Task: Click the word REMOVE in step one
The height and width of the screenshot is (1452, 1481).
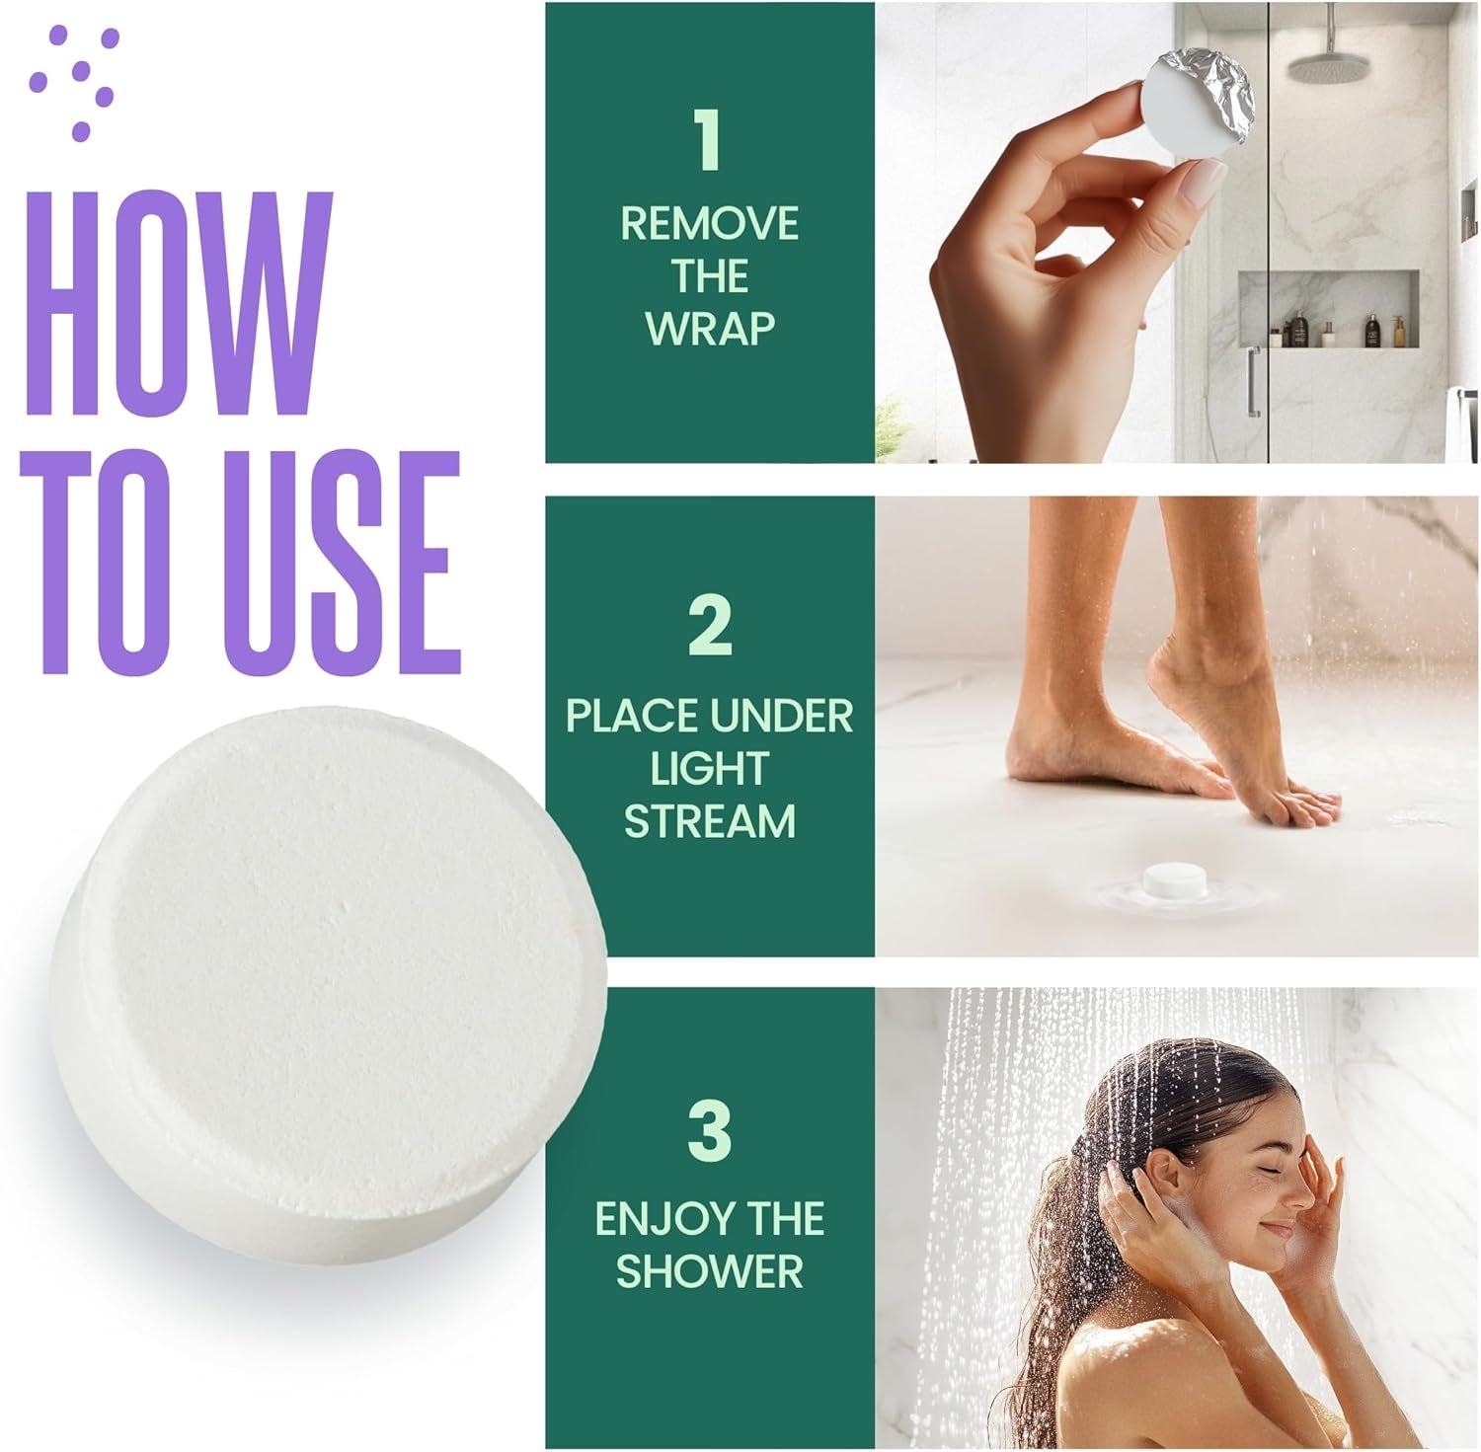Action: [x=709, y=224]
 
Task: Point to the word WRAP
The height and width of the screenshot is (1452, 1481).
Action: [x=710, y=329]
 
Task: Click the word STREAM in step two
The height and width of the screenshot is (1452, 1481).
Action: [x=710, y=821]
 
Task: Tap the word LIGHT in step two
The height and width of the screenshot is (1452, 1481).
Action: [x=710, y=769]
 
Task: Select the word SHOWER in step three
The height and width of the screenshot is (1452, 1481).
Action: [x=710, y=1271]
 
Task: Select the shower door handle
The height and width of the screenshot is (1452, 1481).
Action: [x=1253, y=381]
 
